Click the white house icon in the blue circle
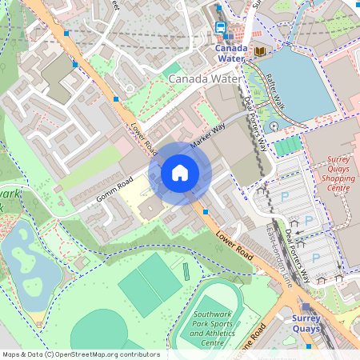tap(180, 172)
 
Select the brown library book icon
tap(260, 51)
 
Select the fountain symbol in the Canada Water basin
tap(274, 126)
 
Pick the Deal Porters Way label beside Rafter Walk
tap(258, 116)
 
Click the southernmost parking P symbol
tap(315, 258)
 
